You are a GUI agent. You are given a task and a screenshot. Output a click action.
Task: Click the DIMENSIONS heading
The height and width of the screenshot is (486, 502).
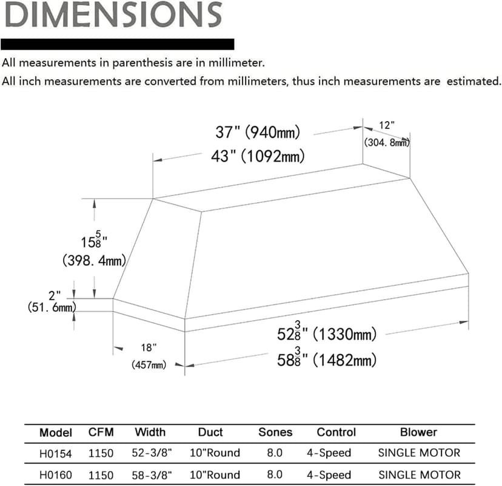[x=113, y=15]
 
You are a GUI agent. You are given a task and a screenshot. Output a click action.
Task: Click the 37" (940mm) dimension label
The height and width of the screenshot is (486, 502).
[x=258, y=132]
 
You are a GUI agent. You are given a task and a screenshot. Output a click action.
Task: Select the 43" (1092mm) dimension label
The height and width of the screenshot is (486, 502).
[x=258, y=156]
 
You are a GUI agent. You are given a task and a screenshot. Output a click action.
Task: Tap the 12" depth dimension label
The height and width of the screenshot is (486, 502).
[x=387, y=125]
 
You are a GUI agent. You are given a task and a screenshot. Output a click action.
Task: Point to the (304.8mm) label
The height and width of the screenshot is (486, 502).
[x=387, y=142]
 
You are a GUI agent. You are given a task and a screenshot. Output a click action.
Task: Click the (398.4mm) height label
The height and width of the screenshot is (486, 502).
[x=94, y=261]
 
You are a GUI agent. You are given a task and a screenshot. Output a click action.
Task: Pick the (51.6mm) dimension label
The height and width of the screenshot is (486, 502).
[x=52, y=307]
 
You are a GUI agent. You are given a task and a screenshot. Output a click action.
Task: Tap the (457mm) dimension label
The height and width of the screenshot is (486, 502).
[x=149, y=364]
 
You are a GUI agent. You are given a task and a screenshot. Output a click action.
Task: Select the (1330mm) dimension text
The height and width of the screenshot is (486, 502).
[x=344, y=335]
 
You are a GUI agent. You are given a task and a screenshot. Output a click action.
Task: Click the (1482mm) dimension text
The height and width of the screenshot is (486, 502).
[x=344, y=360]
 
